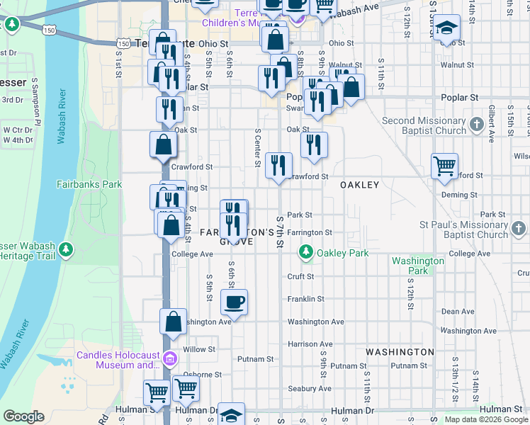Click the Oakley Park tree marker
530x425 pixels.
click(306, 251)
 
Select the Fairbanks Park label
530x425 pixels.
click(89, 184)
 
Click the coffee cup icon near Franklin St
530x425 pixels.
click(234, 302)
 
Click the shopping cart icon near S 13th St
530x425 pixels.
click(444, 166)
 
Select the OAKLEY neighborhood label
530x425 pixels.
click(359, 184)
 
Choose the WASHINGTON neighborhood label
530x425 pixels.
click(400, 352)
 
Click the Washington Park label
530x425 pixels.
click(418, 266)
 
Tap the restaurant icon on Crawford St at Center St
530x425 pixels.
click(278, 166)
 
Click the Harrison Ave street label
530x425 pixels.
click(310, 344)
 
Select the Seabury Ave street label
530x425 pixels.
click(310, 388)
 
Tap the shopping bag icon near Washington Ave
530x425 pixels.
click(173, 322)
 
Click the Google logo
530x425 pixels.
click(23, 416)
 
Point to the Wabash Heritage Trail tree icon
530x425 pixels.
click(66, 249)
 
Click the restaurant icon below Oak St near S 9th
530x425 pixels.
click(314, 145)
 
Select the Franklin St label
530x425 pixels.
click(305, 299)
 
